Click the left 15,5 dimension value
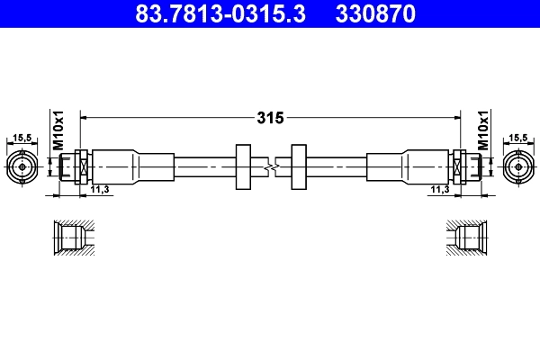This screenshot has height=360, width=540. click(x=22, y=138)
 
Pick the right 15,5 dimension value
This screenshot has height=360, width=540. click(x=518, y=138)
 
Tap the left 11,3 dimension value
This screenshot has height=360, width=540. click(x=100, y=189)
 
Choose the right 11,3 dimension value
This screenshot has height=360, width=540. click(x=440, y=189)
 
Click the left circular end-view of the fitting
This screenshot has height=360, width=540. click(x=22, y=166)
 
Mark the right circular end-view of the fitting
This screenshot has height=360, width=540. click(x=517, y=166)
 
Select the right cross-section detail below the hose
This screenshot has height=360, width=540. click(x=468, y=238)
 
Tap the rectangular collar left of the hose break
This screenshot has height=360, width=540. click(x=241, y=166)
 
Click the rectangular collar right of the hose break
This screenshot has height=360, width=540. click(x=299, y=166)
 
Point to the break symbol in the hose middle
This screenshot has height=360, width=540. click(x=271, y=166)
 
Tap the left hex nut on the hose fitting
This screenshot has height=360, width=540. click(x=81, y=166)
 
